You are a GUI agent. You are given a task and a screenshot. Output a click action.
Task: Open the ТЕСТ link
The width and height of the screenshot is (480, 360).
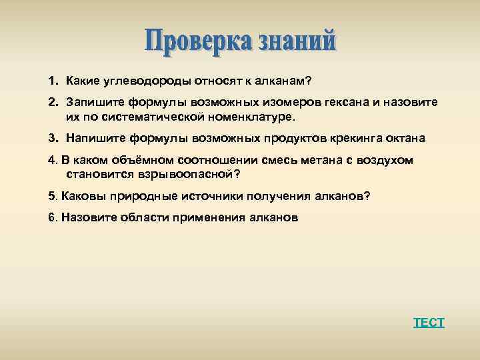coord(429,323)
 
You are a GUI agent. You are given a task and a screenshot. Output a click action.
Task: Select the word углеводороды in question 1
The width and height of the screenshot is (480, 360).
coord(139,81)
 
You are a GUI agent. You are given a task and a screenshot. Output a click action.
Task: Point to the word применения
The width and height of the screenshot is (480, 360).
coord(209,218)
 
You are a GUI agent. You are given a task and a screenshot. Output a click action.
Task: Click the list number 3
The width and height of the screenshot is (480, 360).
coord(52,138)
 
